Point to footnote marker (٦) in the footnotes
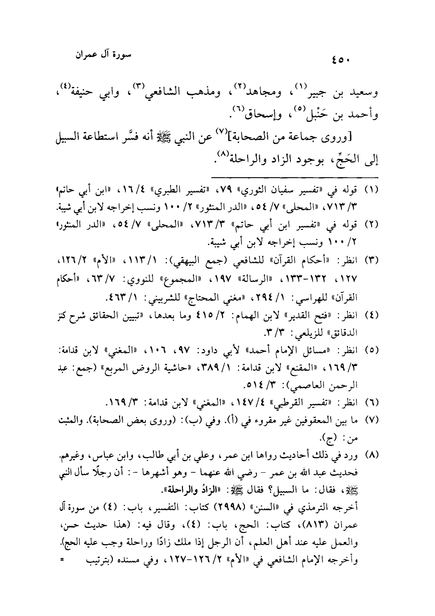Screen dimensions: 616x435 tap(372, 404)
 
